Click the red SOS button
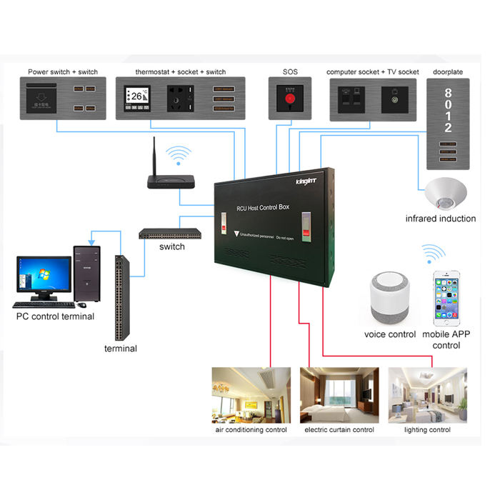(x=290, y=99)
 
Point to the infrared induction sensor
(x=446, y=193)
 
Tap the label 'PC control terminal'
(x=55, y=316)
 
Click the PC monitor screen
(x=43, y=274)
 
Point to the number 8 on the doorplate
(x=448, y=93)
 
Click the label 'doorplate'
(x=447, y=72)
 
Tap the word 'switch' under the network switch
(x=172, y=246)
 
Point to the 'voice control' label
(x=390, y=334)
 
